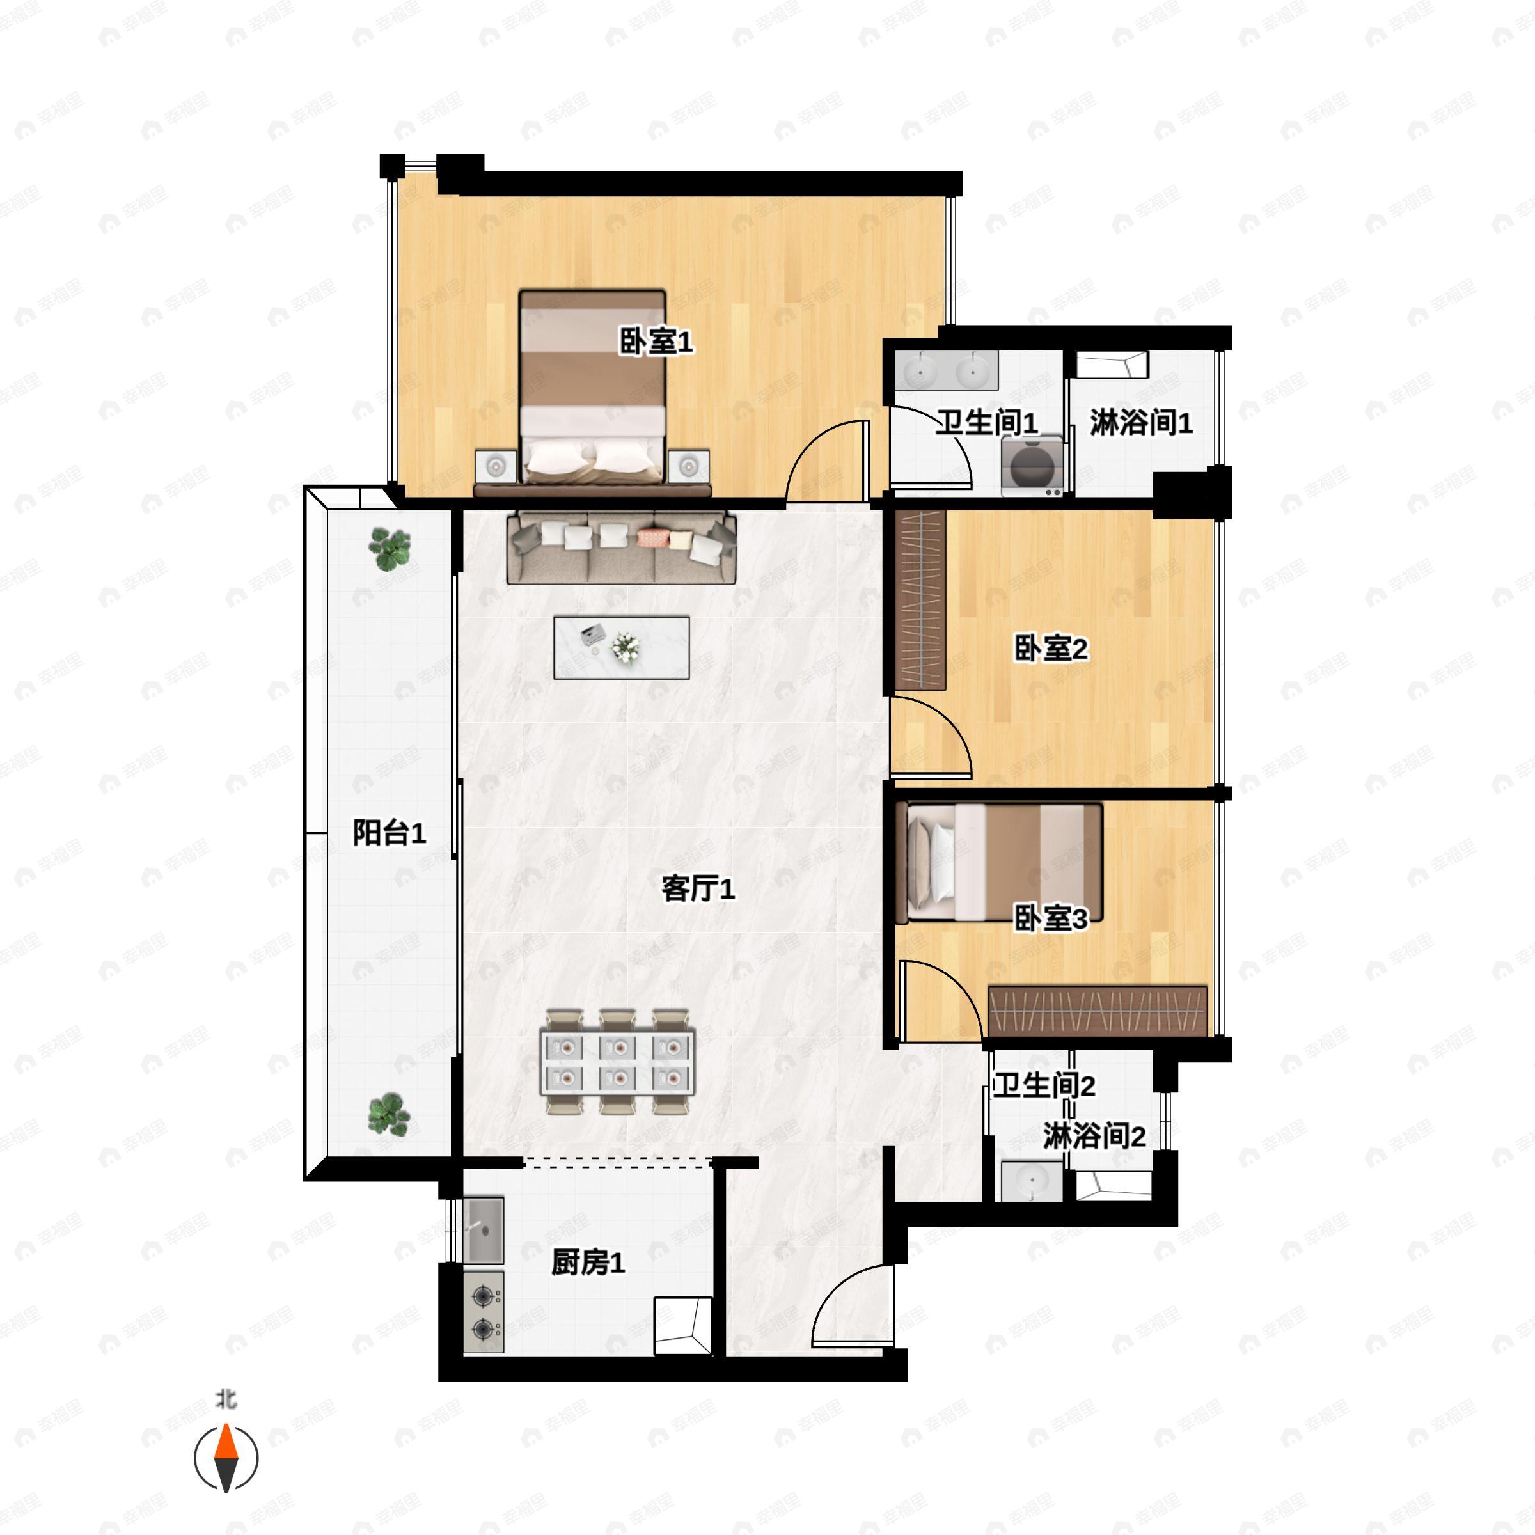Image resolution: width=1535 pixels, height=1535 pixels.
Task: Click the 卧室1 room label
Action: coord(656,342)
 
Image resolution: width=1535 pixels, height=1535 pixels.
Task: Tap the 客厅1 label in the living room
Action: coord(698,888)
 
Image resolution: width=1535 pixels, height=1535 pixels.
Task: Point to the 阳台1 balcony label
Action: coord(390,833)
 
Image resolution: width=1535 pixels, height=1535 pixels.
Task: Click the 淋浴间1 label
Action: coord(1141,423)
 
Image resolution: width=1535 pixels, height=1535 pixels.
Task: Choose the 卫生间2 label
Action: coord(1044,1085)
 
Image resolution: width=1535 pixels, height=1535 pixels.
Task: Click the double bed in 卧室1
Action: coord(592,388)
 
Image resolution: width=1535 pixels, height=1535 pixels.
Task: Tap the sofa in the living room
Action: coord(621,548)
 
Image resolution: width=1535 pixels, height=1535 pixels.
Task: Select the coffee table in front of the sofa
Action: coord(621,647)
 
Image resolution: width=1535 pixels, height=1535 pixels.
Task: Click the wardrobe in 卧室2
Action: coord(921,600)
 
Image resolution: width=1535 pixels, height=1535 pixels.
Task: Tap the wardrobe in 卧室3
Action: coord(1098,1011)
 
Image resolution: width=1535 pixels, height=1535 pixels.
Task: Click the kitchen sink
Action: coord(483,1231)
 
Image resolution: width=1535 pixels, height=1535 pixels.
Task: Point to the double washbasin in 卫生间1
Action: coord(945,370)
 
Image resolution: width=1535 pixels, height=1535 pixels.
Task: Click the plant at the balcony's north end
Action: coord(390,550)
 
